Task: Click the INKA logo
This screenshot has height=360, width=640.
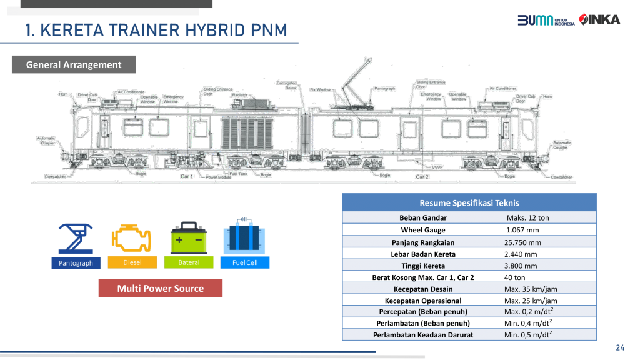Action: [599, 19]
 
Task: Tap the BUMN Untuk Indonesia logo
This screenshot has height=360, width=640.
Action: [546, 20]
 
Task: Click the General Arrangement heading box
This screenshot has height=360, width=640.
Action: [74, 64]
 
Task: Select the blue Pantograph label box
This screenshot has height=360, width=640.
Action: [76, 263]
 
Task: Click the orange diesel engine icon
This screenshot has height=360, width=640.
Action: [132, 239]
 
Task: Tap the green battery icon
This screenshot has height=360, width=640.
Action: [189, 239]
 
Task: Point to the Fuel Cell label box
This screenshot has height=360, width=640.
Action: [245, 263]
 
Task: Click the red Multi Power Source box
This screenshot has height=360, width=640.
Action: [161, 288]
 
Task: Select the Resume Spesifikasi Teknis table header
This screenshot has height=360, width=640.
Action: [469, 203]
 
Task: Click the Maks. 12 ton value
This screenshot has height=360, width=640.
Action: [527, 218]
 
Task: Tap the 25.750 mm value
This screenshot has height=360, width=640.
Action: [522, 242]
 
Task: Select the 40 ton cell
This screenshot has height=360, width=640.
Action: [515, 277]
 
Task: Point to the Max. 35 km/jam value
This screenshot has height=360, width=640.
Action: [531, 289]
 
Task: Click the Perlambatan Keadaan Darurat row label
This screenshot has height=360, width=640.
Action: [423, 335]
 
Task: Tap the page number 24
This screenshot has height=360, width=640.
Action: [620, 348]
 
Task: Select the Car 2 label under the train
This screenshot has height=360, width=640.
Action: [422, 177]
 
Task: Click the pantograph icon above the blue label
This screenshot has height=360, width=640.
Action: [76, 239]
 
